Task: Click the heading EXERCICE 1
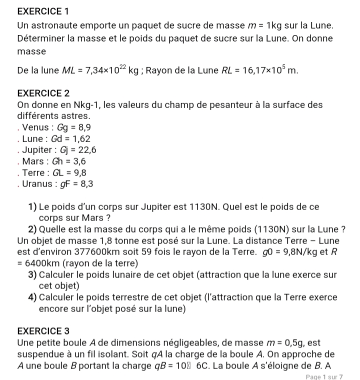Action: (x=42, y=10)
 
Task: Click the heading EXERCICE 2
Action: (x=43, y=93)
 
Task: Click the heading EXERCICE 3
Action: (x=43, y=331)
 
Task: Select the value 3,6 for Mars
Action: (x=76, y=161)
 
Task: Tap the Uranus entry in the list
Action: (x=58, y=184)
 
